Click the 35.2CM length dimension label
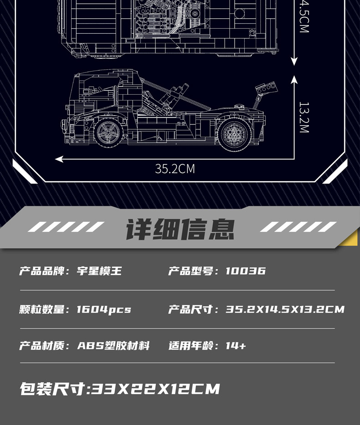(175, 169)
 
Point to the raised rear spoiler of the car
(266, 89)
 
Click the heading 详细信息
(180, 229)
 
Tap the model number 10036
(246, 271)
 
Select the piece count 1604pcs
(103, 309)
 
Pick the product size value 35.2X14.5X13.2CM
(285, 309)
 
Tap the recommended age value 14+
(236, 345)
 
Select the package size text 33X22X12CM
(155, 389)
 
